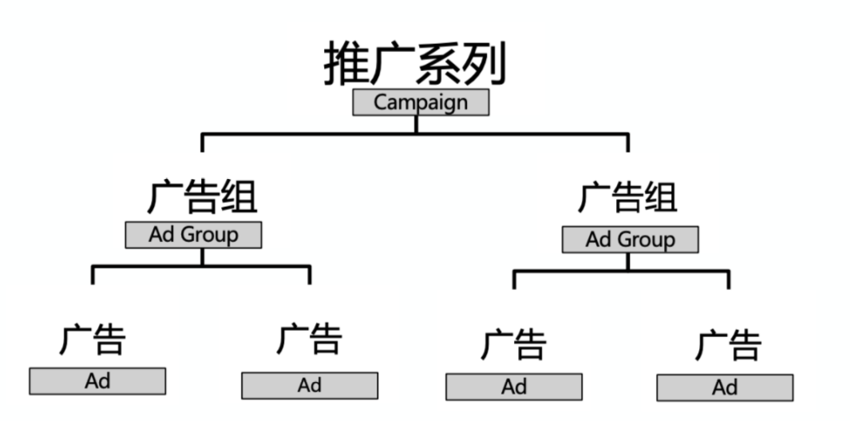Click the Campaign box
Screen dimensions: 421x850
pyautogui.click(x=421, y=102)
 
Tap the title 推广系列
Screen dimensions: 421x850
pyautogui.click(x=415, y=64)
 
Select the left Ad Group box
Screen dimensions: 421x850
pyautogui.click(x=193, y=235)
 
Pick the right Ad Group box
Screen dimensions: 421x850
pyautogui.click(x=630, y=240)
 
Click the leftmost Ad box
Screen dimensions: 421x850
pyautogui.click(x=97, y=381)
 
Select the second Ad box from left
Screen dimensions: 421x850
pyautogui.click(x=310, y=385)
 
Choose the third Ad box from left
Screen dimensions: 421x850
pyautogui.click(x=514, y=387)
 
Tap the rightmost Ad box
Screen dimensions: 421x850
pyautogui.click(x=725, y=387)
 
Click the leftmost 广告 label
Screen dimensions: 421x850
pyautogui.click(x=93, y=339)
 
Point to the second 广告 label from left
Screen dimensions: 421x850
pyautogui.click(x=310, y=339)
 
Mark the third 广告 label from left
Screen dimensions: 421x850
pyautogui.click(x=514, y=344)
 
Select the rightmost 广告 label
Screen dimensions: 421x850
pyautogui.click(x=728, y=344)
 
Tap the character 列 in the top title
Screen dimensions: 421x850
pyautogui.click(x=484, y=64)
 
